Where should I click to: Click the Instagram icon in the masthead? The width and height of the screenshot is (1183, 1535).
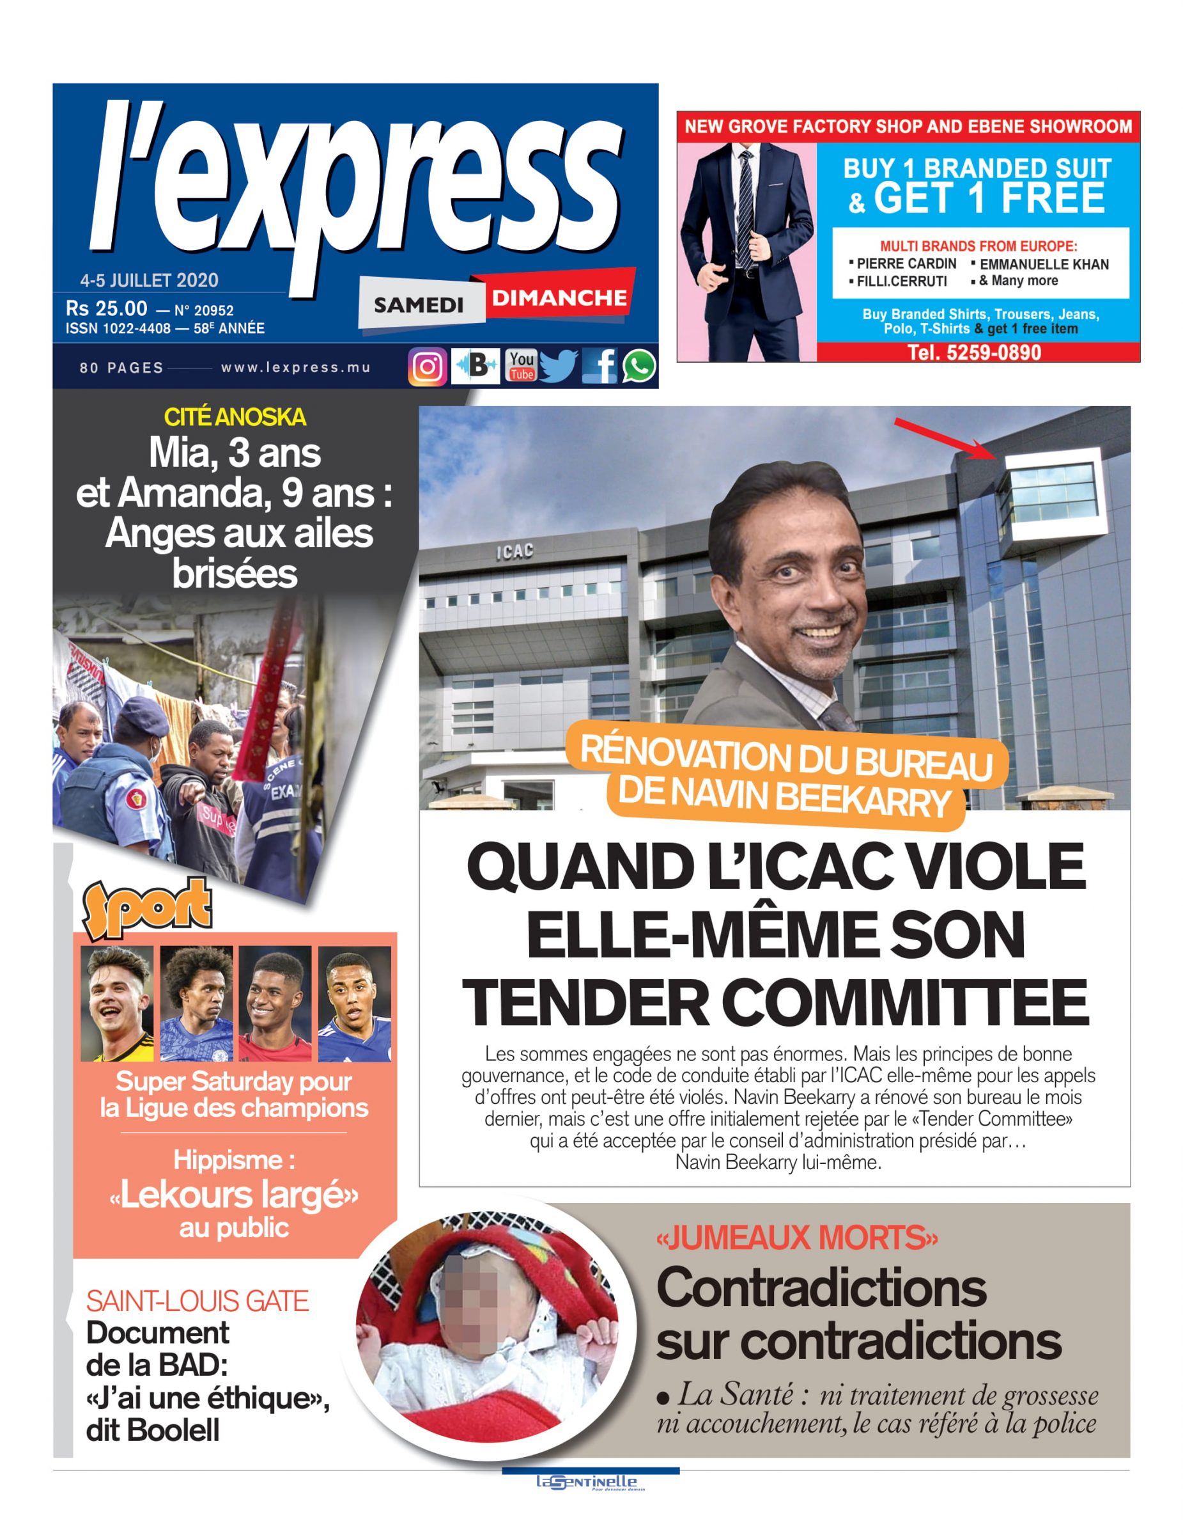(x=427, y=366)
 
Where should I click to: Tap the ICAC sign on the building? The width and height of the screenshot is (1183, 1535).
(x=515, y=552)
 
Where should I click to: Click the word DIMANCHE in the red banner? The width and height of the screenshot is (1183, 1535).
(x=559, y=298)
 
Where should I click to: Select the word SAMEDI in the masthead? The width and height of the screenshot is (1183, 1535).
(x=419, y=305)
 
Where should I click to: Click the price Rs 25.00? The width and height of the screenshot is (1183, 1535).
(x=107, y=308)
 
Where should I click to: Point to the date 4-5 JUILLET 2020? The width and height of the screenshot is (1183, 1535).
(x=149, y=280)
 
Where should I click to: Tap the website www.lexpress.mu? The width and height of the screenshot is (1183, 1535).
(x=295, y=367)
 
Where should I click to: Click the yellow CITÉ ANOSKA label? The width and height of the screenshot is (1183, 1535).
(x=235, y=418)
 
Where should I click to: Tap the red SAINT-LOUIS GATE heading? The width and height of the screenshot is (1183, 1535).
(x=197, y=1301)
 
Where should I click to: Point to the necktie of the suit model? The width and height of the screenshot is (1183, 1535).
(x=744, y=211)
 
